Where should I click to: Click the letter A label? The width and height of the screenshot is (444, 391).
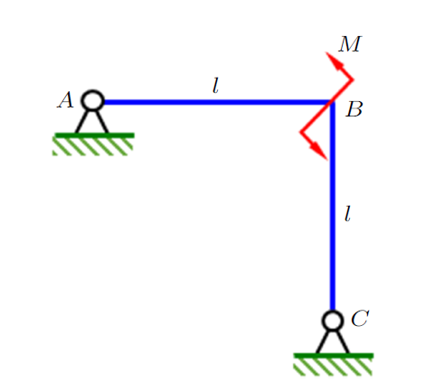tap(65, 99)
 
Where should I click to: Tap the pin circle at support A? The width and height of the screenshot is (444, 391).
tap(93, 100)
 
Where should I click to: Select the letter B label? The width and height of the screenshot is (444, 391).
tap(354, 109)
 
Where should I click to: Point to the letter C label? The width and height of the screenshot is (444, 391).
tap(360, 318)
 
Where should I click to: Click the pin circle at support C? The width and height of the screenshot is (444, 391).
tap(333, 321)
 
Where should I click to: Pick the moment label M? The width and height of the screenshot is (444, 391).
tap(350, 44)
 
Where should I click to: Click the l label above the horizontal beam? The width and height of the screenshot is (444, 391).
tap(215, 86)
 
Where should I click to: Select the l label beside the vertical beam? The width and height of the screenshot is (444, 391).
tap(347, 214)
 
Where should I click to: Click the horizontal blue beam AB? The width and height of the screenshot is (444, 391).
tap(218, 102)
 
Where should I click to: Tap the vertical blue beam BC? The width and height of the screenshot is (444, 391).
tap(333, 206)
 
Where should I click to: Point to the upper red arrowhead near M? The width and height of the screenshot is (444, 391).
tap(334, 61)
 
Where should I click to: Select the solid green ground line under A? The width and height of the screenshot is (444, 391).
tap(94, 135)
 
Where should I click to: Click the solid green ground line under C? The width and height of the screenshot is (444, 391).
tap(334, 356)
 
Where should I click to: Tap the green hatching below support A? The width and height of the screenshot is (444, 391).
tap(93, 147)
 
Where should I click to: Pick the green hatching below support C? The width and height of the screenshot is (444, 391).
tap(333, 368)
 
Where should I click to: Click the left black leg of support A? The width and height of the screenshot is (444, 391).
tap(82, 122)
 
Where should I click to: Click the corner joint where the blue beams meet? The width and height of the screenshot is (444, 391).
tap(333, 102)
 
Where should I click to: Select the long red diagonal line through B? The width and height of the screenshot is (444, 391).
tap(326, 106)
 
